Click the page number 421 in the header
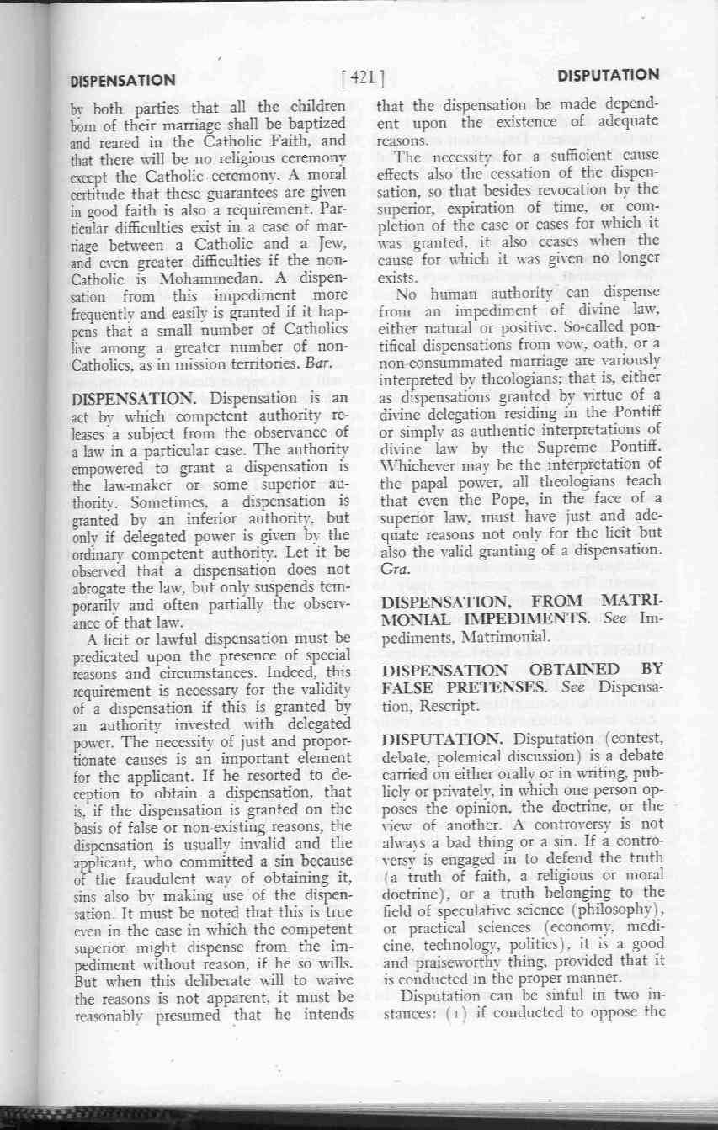363,78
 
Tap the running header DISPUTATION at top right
608,74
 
